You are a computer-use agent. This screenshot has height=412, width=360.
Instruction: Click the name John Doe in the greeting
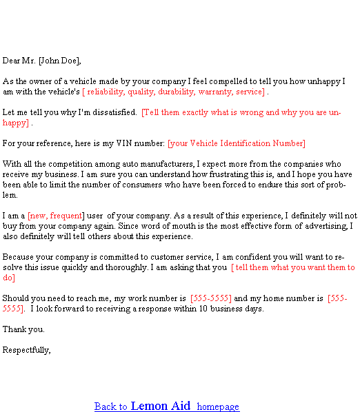point(59,61)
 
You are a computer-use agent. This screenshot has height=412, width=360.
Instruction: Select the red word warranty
point(216,92)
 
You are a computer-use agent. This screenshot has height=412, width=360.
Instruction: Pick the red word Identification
point(245,143)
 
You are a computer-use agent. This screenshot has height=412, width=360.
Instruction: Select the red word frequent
point(66,216)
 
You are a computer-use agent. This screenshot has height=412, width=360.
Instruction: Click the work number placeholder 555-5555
point(211,298)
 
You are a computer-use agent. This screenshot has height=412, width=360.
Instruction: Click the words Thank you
point(23,329)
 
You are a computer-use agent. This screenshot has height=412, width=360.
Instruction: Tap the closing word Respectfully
point(27,350)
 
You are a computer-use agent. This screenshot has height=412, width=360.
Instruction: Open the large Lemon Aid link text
point(161,406)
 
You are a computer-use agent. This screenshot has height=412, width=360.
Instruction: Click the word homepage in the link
point(218,406)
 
